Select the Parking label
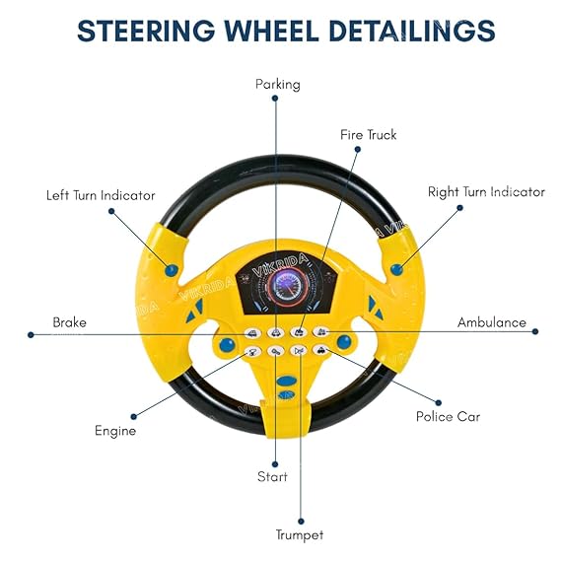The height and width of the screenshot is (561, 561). tap(278, 84)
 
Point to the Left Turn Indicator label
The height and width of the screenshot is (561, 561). tap(101, 195)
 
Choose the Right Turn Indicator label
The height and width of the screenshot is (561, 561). tap(486, 192)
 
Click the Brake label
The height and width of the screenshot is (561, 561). tap(69, 322)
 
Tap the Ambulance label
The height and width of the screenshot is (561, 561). tap(492, 322)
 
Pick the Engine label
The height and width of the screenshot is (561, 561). tap(115, 431)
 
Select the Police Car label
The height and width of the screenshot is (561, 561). tap(448, 416)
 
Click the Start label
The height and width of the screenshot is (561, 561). tap(272, 477)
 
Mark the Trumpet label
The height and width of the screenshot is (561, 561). tap(300, 535)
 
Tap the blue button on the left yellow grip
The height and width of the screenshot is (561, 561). tap(172, 268)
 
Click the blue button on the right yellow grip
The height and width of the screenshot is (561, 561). tap(396, 268)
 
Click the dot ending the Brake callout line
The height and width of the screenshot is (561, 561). tap(32, 334)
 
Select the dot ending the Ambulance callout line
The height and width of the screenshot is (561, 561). tap(535, 332)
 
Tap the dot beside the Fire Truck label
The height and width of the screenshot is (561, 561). tap(358, 150)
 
